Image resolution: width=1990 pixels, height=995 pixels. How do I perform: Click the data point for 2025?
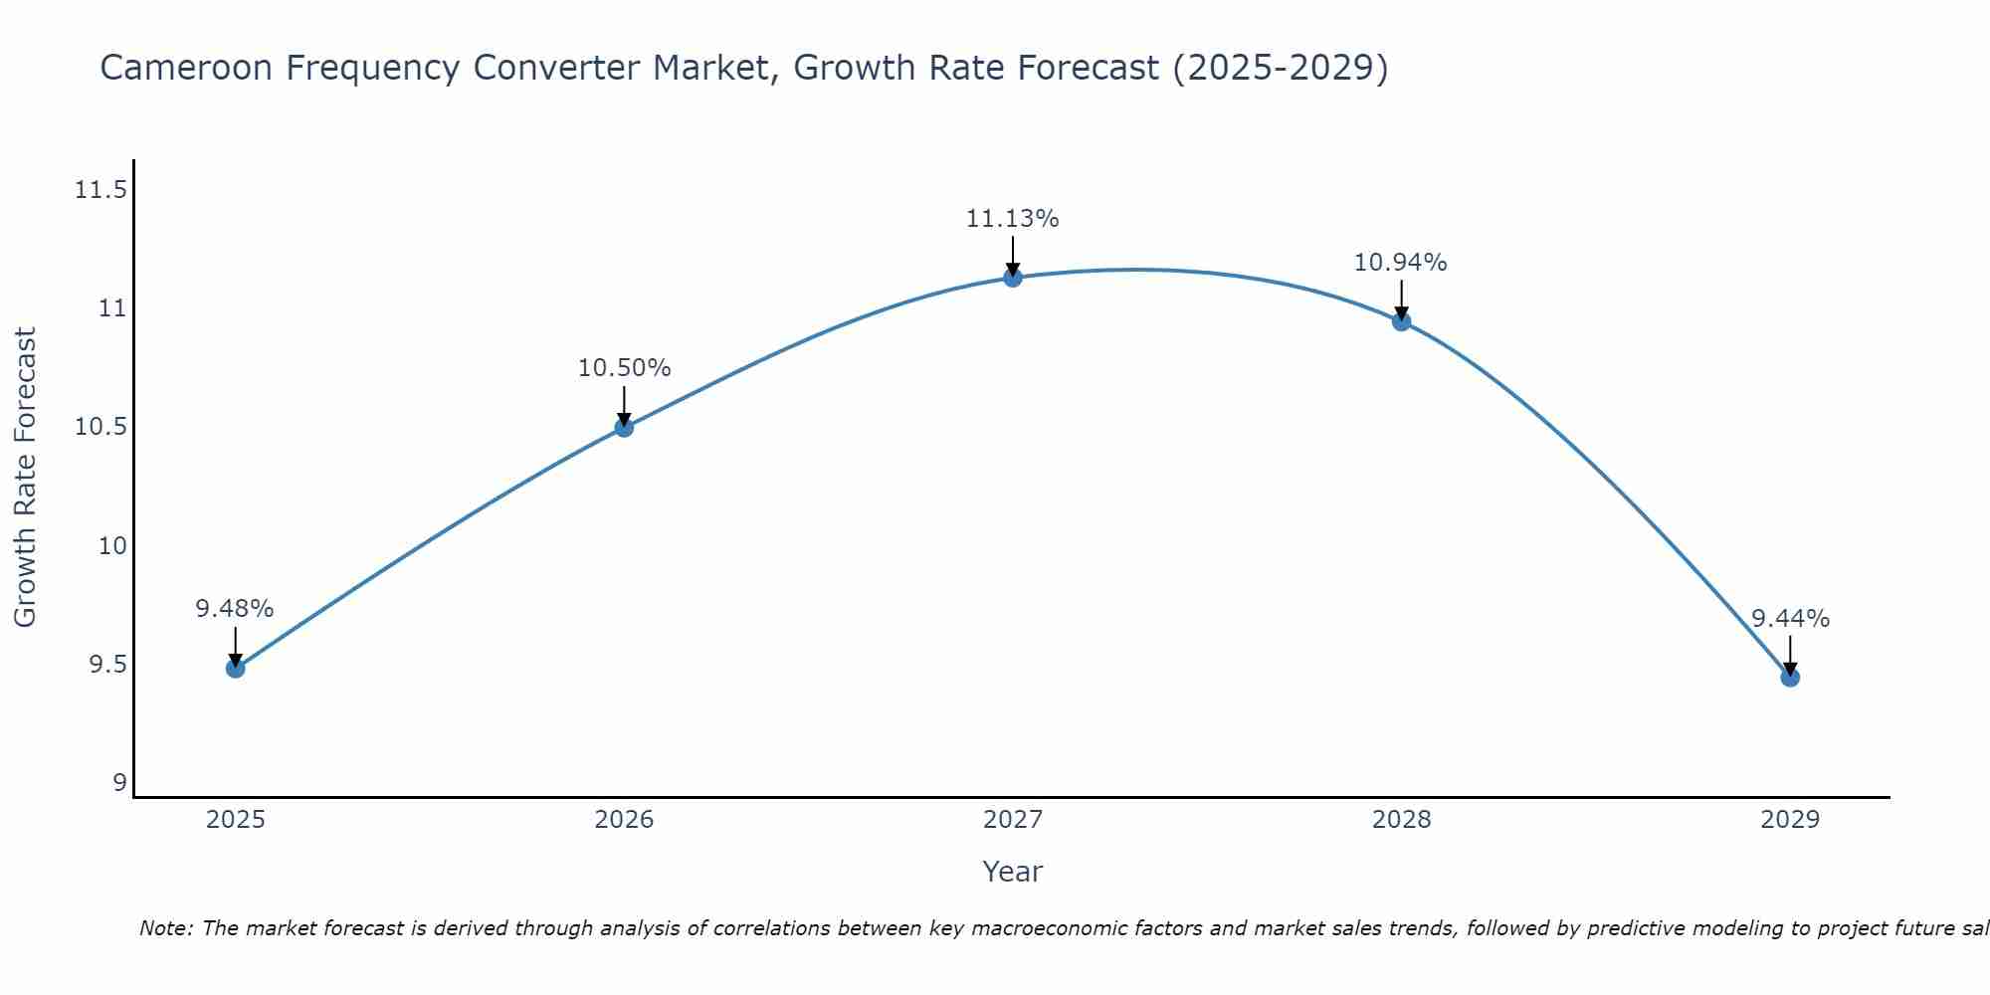click(x=235, y=668)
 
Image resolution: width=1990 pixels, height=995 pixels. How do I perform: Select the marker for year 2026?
click(x=624, y=427)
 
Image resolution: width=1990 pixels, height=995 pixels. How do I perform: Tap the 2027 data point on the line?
click(x=1013, y=278)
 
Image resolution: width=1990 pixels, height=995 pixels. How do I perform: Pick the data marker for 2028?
click(x=1401, y=321)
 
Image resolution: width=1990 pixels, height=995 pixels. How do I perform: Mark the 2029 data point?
click(x=1790, y=678)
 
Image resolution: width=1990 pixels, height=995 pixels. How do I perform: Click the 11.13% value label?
click(x=1012, y=219)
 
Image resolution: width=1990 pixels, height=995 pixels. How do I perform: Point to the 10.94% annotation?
click(x=1400, y=263)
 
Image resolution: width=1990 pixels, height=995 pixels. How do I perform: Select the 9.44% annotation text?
click(x=1790, y=619)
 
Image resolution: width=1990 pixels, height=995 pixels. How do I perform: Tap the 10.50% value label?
click(x=624, y=368)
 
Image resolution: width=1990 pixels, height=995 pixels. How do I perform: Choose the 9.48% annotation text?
click(x=234, y=609)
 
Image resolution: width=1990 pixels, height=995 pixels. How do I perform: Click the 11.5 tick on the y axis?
click(x=101, y=189)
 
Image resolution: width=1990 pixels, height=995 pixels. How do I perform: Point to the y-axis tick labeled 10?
click(x=113, y=545)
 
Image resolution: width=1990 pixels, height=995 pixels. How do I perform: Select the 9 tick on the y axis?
click(x=120, y=783)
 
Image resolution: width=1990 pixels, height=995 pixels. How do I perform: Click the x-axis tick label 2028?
click(x=1401, y=820)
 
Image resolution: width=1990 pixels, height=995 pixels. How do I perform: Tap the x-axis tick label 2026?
click(x=624, y=820)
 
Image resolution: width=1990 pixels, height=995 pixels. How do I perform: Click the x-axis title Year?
click(x=1012, y=872)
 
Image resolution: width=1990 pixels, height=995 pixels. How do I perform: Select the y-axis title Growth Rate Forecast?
click(x=25, y=478)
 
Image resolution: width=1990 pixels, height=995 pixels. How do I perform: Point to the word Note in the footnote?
click(x=164, y=928)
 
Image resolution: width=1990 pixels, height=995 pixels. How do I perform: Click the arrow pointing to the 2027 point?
click(x=1013, y=256)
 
